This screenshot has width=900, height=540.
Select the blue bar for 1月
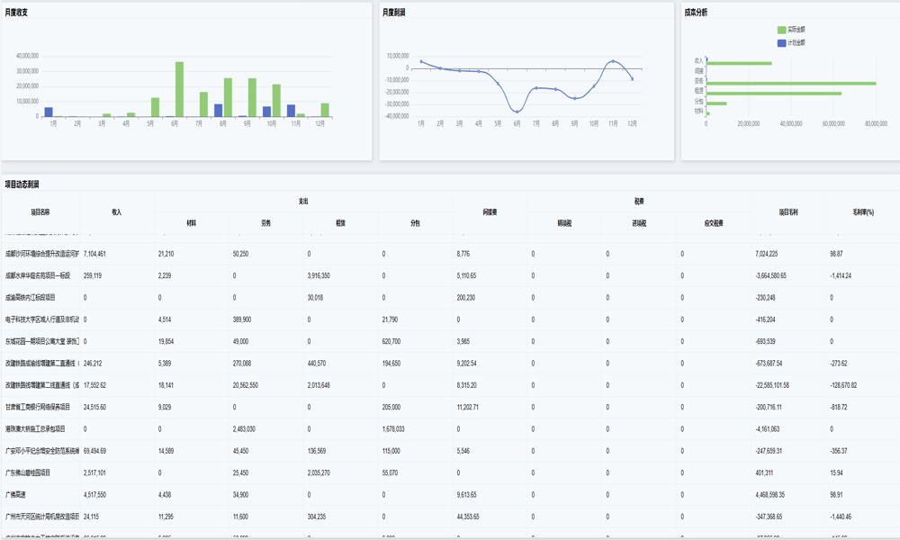(x=49, y=112)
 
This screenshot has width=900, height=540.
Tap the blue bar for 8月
(x=219, y=111)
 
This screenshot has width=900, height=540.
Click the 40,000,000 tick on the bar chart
(x=27, y=56)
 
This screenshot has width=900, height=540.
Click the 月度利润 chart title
(x=393, y=13)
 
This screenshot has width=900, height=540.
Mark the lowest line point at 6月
(x=517, y=112)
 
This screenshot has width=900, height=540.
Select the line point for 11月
(x=613, y=61)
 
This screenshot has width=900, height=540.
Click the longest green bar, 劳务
(x=792, y=83)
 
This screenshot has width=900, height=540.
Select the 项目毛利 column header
(x=788, y=212)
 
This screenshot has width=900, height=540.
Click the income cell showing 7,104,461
(x=94, y=254)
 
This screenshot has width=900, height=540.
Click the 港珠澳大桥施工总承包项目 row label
(x=38, y=428)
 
